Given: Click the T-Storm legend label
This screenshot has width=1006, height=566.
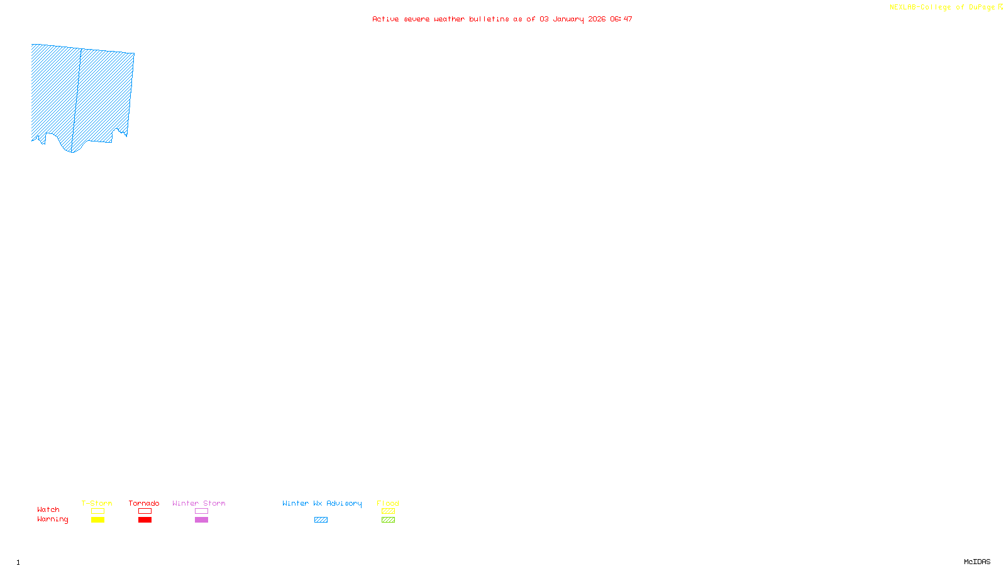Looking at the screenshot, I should tap(97, 503).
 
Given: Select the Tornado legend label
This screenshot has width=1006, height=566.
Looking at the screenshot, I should tap(144, 503).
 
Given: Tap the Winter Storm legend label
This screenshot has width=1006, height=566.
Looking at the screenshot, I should tap(199, 503).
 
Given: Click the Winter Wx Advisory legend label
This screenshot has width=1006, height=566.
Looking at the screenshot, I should tap(322, 503).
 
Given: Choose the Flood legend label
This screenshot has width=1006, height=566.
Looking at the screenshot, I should tap(388, 503).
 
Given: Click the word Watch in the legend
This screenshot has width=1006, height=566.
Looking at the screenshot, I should tap(48, 509).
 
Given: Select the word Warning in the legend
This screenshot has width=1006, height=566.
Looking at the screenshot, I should tap(53, 519).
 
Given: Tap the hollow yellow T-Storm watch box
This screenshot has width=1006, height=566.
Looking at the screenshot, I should tap(97, 511).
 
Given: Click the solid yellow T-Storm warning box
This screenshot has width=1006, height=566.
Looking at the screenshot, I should tap(97, 520).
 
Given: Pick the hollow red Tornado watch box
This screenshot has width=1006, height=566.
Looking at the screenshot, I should tap(145, 511).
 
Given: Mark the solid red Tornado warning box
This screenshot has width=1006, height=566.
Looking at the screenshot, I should tap(145, 520).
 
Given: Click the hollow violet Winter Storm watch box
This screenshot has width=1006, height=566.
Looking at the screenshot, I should tap(201, 511).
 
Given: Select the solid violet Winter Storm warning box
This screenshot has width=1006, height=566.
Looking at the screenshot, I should tap(201, 520).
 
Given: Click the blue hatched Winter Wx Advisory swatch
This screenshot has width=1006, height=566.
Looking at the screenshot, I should tap(321, 520).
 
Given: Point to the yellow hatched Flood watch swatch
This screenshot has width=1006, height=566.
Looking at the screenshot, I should tap(388, 511).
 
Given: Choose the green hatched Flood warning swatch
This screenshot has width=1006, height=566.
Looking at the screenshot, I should tap(388, 520).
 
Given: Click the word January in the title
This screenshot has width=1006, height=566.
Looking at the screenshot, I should tap(568, 19).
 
